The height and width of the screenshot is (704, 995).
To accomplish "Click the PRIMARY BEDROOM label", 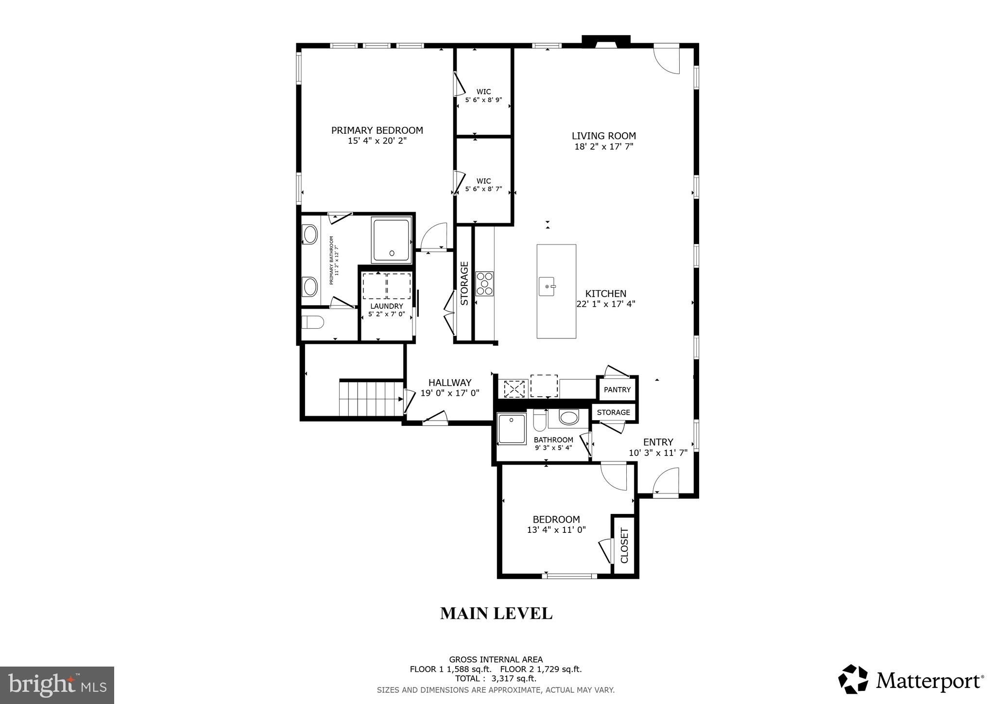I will coord(377,130).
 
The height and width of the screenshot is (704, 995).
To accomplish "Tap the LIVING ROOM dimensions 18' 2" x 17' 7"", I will coord(604,146).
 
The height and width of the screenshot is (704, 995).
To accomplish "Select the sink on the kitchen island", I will coord(548,286).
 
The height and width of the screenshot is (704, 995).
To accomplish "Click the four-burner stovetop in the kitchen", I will coord(484,283).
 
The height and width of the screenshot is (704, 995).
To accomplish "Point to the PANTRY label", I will coord(617,389).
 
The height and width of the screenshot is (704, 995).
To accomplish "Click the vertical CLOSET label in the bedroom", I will coord(625,545).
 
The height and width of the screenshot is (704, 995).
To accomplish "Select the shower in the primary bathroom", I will coord(391,240).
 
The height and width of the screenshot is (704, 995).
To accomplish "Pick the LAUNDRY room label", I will coord(387,306).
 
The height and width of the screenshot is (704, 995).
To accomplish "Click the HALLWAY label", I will coord(450,383).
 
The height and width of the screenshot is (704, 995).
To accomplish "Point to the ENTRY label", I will coord(658,442).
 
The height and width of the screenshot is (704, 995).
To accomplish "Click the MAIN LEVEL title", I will coord(496,614).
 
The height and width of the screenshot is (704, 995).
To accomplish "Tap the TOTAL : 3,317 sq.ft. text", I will coord(496,679).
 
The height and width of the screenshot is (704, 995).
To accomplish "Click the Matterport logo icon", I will coord(853,679).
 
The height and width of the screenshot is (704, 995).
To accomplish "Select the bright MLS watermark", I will coord(57,685).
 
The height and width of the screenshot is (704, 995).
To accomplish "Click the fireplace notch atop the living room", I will coord(606,42).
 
